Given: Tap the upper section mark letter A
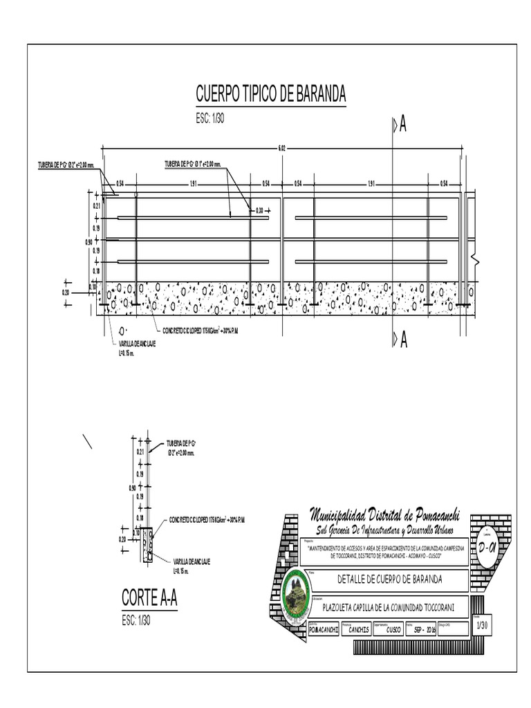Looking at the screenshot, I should coord(402,124).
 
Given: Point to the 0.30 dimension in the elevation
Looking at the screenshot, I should coord(260,209).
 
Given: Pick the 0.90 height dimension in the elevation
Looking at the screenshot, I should coord(88,242).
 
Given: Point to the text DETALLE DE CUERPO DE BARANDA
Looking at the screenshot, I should coord(390,579).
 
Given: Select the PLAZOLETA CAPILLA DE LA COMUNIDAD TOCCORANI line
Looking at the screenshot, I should coord(389,606).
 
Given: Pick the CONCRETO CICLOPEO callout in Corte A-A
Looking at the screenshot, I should coord(208,519).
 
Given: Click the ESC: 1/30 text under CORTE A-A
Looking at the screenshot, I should coord(136,619).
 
